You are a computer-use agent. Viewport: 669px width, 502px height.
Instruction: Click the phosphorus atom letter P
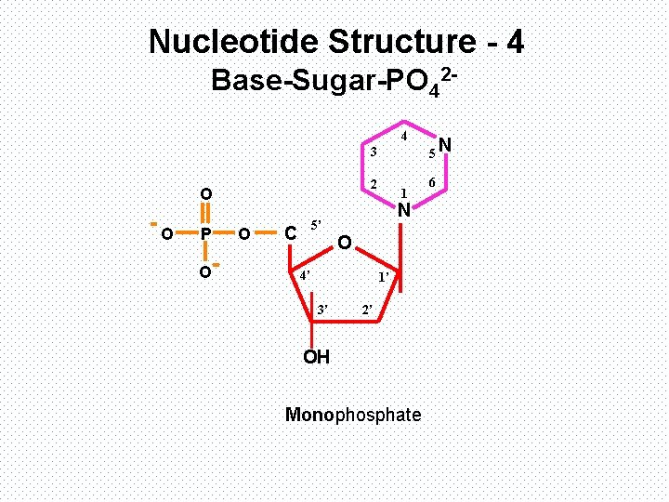pyautogui.click(x=206, y=232)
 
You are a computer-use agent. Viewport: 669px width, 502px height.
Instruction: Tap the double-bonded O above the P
pyautogui.click(x=206, y=193)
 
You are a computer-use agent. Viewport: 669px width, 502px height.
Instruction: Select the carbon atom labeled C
pyautogui.click(x=291, y=232)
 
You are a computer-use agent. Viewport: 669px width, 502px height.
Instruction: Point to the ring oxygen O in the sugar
pyautogui.click(x=344, y=244)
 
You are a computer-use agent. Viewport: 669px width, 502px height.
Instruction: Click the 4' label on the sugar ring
pyautogui.click(x=303, y=276)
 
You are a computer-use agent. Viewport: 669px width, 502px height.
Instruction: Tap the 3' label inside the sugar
pyautogui.click(x=322, y=308)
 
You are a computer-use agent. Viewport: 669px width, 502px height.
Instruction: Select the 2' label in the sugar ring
pyautogui.click(x=367, y=308)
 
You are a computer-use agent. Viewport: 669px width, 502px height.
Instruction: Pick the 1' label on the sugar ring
pyautogui.click(x=383, y=278)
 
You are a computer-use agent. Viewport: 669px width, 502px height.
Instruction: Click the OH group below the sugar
pyautogui.click(x=317, y=357)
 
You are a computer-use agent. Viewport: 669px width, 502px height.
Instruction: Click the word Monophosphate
pyautogui.click(x=353, y=415)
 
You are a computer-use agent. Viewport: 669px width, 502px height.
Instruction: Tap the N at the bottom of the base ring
pyautogui.click(x=404, y=211)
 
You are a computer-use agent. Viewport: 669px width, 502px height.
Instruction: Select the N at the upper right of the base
pyautogui.click(x=446, y=144)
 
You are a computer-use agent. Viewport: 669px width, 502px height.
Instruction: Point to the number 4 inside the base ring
pyautogui.click(x=404, y=137)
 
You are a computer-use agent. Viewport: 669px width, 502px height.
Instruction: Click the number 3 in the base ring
pyautogui.click(x=373, y=152)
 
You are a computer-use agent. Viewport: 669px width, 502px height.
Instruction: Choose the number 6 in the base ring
pyautogui.click(x=432, y=183)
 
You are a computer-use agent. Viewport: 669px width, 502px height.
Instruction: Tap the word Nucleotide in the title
pyautogui.click(x=229, y=41)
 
